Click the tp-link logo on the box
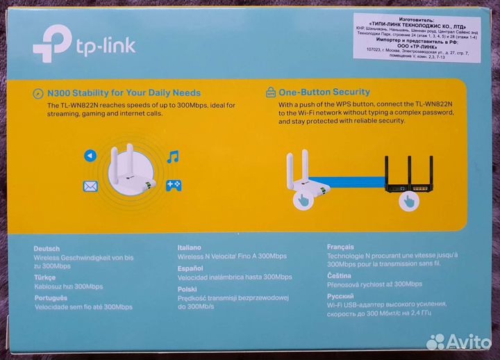[83, 44]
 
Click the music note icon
[173, 156]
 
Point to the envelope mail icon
[90, 186]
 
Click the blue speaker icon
[90, 156]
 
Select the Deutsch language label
[47, 248]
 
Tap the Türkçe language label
[45, 277]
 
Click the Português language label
[51, 297]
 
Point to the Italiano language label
[190, 247]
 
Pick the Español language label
[190, 267]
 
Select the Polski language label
[186, 286]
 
